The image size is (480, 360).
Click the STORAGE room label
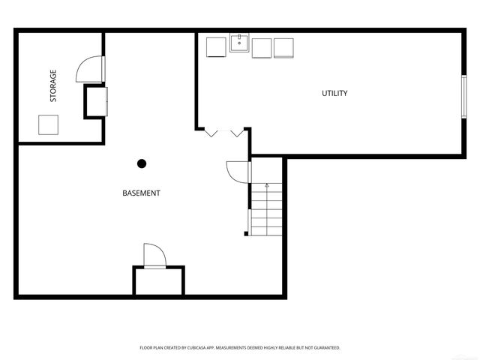tap(53, 86)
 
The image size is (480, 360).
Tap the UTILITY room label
tap(334, 94)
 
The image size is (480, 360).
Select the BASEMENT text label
tap(141, 193)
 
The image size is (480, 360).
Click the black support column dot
tap(141, 163)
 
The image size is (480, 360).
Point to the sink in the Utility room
tap(239, 43)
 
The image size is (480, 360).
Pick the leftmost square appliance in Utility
tap(216, 46)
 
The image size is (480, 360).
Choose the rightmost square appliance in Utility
tap(284, 47)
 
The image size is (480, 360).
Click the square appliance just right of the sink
tap(262, 47)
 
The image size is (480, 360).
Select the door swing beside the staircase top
tap(237, 172)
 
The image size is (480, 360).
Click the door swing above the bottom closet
tap(153, 255)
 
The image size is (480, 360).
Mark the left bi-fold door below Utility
tap(211, 133)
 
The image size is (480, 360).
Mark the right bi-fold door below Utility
tap(238, 133)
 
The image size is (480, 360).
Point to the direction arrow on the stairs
tap(267, 184)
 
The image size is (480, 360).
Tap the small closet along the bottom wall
tap(158, 280)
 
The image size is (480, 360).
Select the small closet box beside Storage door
tap(96, 101)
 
